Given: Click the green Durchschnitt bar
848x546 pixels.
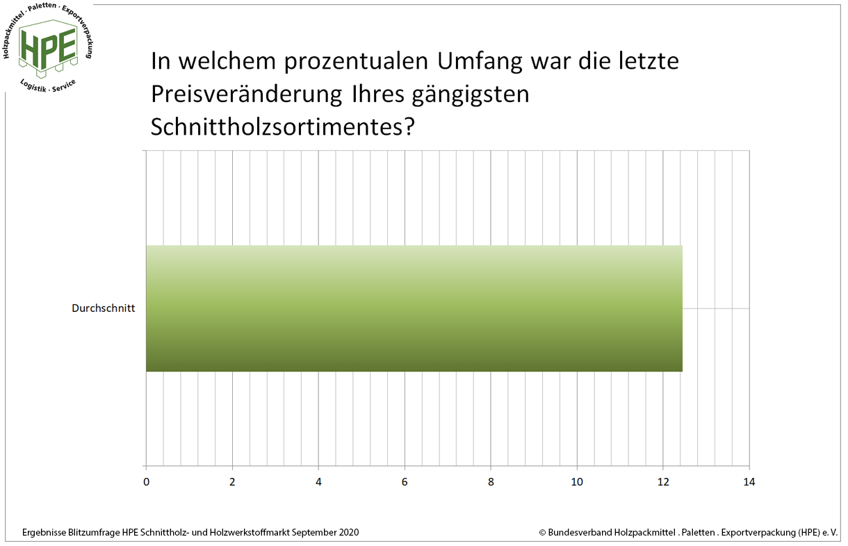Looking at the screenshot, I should click(414, 308).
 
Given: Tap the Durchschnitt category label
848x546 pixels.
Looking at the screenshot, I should click(104, 308).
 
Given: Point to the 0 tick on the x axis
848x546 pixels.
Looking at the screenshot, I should click(146, 481).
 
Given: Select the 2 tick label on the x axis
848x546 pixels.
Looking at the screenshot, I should click(232, 481).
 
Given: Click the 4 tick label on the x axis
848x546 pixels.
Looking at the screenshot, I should click(318, 481).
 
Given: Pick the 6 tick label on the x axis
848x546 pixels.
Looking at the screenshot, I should click(405, 481).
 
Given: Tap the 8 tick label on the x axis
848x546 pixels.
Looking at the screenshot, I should click(491, 481).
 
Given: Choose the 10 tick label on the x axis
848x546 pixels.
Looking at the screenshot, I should click(577, 481).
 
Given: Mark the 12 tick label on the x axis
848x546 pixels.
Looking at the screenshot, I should click(663, 481).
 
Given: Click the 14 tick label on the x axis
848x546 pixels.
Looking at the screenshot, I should click(749, 481).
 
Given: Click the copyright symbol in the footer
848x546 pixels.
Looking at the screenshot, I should click(542, 533).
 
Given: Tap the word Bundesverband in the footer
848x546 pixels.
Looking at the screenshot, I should click(580, 532).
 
